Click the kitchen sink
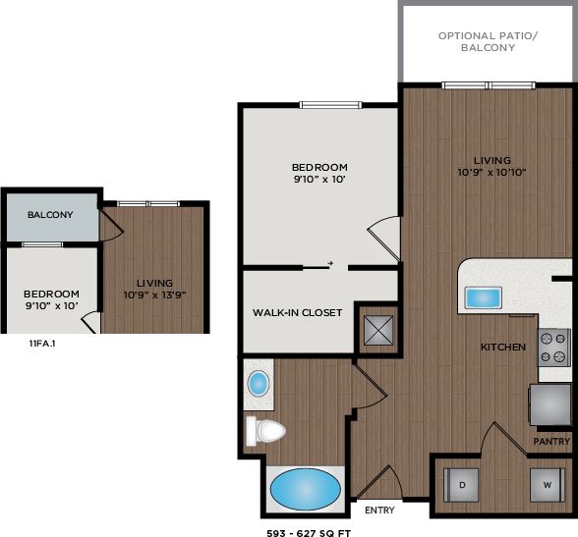pyautogui.click(x=482, y=297)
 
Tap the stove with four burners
pyautogui.click(x=553, y=347)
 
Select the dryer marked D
pyautogui.click(x=461, y=485)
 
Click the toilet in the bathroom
pyautogui.click(x=266, y=430)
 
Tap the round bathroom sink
pyautogui.click(x=258, y=383)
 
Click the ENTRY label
pyautogui.click(x=379, y=510)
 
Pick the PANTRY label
pyautogui.click(x=551, y=442)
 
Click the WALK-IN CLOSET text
pyautogui.click(x=297, y=313)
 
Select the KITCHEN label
pyautogui.click(x=502, y=348)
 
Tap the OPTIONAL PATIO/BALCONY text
pyautogui.click(x=489, y=41)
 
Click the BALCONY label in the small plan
pyautogui.click(x=49, y=215)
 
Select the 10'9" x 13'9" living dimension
pyautogui.click(x=154, y=295)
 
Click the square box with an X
pyautogui.click(x=377, y=330)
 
